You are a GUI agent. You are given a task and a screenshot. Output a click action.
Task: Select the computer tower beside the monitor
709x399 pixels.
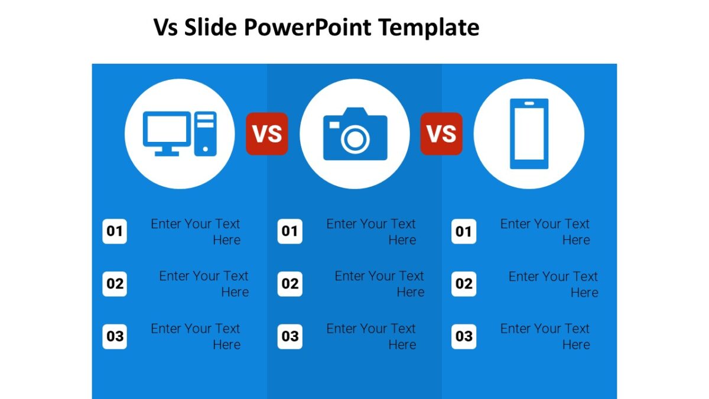pyautogui.click(x=206, y=134)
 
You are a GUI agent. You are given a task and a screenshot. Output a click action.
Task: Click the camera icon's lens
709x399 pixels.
pyautogui.click(x=355, y=140)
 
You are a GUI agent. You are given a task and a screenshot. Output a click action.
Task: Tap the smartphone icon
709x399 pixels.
pyautogui.click(x=529, y=134)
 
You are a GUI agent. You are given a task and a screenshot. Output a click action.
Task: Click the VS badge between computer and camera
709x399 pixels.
pyautogui.click(x=267, y=134)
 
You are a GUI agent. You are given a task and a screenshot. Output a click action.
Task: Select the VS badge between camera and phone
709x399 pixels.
pyautogui.click(x=441, y=134)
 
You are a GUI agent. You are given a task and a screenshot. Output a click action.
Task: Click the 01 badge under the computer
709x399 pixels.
pyautogui.click(x=115, y=232)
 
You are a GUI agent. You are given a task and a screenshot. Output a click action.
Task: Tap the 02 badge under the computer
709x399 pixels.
pyautogui.click(x=115, y=284)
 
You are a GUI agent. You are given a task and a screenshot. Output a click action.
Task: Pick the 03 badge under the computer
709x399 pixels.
pyautogui.click(x=115, y=336)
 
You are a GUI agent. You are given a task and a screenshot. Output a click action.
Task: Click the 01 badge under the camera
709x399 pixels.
pyautogui.click(x=290, y=232)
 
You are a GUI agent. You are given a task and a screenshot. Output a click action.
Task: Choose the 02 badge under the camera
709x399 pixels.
pyautogui.click(x=290, y=284)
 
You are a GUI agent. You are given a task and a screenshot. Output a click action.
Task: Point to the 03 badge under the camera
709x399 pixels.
pyautogui.click(x=290, y=336)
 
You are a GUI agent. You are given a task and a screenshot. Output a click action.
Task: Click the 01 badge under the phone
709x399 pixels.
pyautogui.click(x=464, y=232)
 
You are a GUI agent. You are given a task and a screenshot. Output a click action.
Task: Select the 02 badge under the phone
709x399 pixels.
pyautogui.click(x=464, y=284)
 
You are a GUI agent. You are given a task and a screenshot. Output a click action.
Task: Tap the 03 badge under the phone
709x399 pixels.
pyautogui.click(x=464, y=336)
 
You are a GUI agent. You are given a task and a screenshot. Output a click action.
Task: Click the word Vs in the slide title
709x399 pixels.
pyautogui.click(x=165, y=27)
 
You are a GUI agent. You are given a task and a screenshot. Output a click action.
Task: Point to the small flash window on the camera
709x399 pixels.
pyautogui.click(x=334, y=125)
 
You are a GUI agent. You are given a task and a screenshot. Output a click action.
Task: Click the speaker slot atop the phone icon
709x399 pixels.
pyautogui.click(x=529, y=104)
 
